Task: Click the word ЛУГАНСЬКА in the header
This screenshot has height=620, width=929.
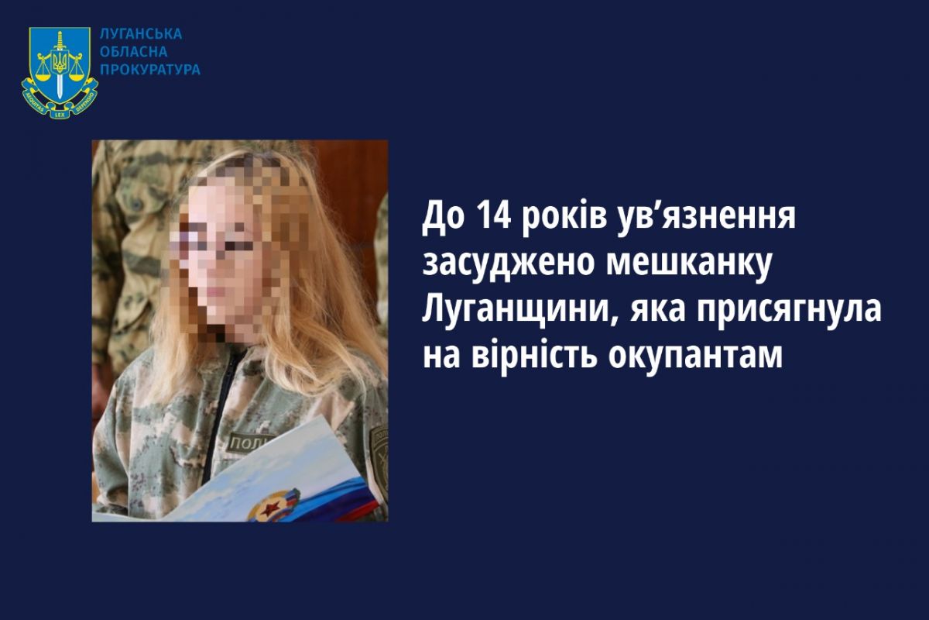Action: click(141, 34)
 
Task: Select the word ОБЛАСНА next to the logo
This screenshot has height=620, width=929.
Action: click(134, 52)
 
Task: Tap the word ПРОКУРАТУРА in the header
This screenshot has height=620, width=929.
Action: click(150, 69)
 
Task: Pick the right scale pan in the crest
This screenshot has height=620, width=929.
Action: click(76, 76)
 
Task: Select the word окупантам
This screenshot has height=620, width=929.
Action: click(695, 357)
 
